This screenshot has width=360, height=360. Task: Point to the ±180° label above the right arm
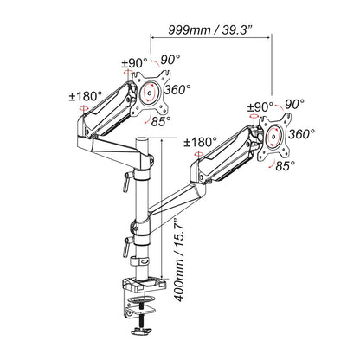coord(201,142)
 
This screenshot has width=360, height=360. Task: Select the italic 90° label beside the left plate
coord(170,60)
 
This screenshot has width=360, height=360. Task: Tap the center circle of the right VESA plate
coord(276,134)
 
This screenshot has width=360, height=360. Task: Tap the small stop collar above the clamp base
coord(139,263)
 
